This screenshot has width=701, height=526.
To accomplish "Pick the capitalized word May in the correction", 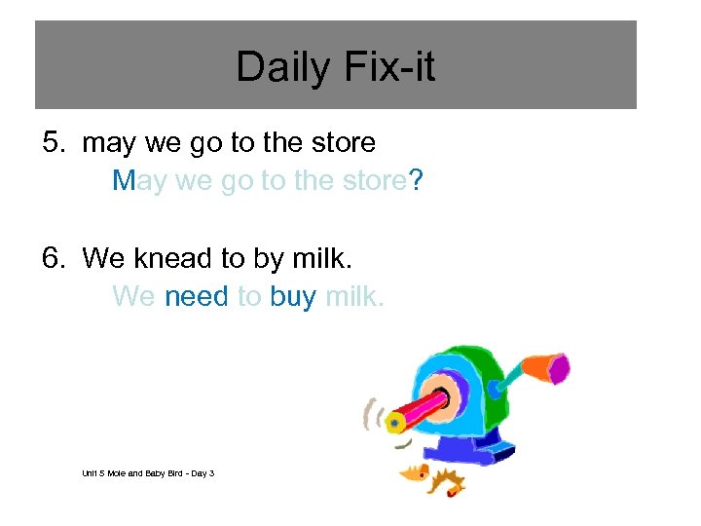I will [139, 182].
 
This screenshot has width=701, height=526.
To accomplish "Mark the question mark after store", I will [416, 180].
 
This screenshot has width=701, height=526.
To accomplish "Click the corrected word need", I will [197, 295].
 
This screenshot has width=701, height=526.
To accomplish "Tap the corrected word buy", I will [293, 297].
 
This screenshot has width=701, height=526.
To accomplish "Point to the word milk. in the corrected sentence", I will [355, 295].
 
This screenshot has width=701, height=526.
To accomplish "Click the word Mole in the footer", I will [119, 473].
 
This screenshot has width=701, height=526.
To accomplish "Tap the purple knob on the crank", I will [558, 367].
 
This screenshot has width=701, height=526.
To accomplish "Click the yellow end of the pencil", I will [394, 422].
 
